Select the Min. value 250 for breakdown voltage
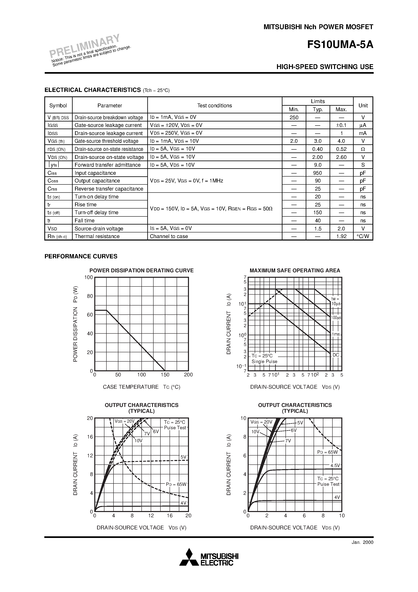click(x=294, y=118)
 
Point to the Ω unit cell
click(x=363, y=149)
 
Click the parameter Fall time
click(x=85, y=220)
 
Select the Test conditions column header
click(x=214, y=105)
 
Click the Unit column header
click(x=363, y=105)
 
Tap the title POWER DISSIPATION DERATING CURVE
click(x=141, y=270)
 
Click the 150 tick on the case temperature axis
click(x=165, y=375)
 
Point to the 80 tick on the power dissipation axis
click(x=90, y=296)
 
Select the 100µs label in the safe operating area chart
click(x=336, y=318)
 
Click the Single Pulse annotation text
click(x=264, y=361)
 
